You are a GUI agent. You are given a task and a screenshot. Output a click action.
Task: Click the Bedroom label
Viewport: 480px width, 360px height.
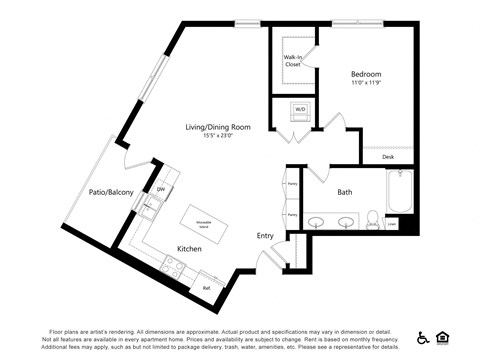pyautogui.click(x=365, y=74)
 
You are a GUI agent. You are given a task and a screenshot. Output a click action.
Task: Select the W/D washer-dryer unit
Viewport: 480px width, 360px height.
pyautogui.click(x=299, y=109)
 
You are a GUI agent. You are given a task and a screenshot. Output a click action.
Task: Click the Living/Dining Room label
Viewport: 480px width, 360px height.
pyautogui.click(x=217, y=127)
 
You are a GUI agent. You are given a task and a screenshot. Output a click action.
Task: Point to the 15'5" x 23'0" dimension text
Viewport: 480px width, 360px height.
pyautogui.click(x=217, y=138)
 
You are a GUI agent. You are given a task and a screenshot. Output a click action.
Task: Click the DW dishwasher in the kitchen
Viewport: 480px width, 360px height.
pyautogui.click(x=161, y=189)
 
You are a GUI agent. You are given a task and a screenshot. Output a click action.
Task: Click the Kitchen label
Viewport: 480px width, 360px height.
pyautogui.click(x=190, y=248)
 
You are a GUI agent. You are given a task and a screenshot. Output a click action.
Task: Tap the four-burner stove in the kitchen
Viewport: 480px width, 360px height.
pyautogui.click(x=172, y=265)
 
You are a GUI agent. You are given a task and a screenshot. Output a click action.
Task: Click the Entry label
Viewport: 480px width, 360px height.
pyautogui.click(x=265, y=236)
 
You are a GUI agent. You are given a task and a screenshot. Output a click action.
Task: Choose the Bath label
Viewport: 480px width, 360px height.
pyautogui.click(x=344, y=192)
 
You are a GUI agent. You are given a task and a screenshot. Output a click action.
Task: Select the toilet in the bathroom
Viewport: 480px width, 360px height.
pyautogui.click(x=371, y=219)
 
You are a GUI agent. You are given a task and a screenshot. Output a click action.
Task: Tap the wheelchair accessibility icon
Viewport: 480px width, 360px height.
pyautogui.click(x=423, y=336)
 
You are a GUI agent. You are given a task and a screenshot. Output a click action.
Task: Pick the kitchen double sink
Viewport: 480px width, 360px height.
pyautogui.click(x=151, y=208)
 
